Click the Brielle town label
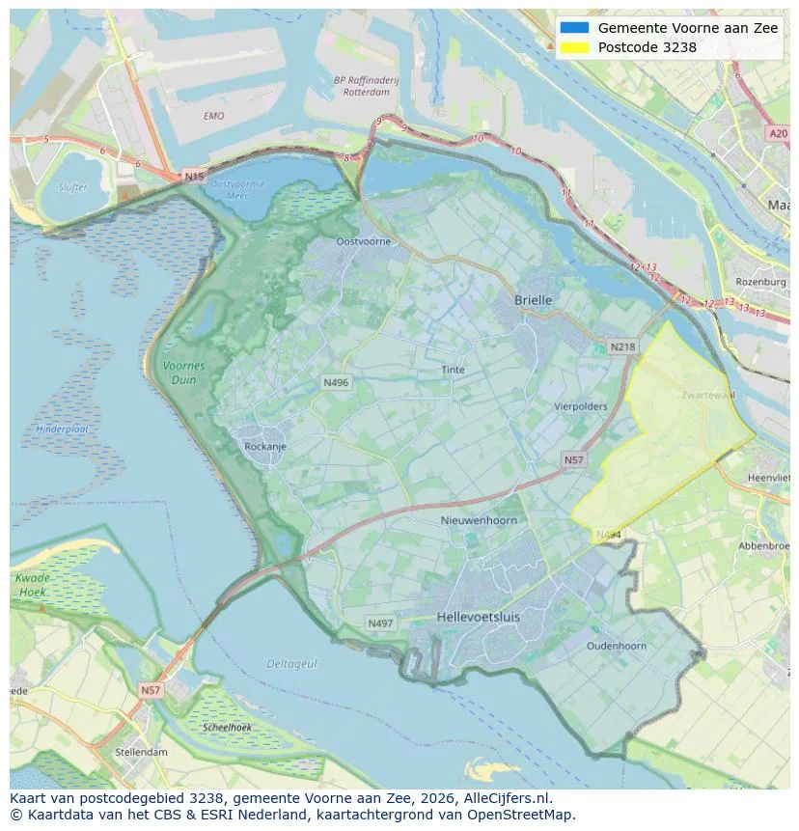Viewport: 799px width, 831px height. [x=533, y=300]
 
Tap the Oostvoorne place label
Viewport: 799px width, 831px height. [x=363, y=241]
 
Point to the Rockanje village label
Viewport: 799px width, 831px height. [x=264, y=447]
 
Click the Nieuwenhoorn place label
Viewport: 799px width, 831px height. [x=479, y=520]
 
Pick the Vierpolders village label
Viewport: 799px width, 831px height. [x=580, y=406]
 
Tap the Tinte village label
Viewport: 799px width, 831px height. [x=453, y=370]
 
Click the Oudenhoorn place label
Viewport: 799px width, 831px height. [x=617, y=646]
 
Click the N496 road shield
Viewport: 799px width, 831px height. [x=335, y=383]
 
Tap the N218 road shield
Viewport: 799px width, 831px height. [x=622, y=346]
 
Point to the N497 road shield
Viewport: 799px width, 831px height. [x=380, y=623]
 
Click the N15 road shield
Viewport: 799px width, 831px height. [x=194, y=177]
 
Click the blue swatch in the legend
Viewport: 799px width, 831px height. [x=573, y=28]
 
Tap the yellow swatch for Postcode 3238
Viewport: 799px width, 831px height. [x=573, y=47]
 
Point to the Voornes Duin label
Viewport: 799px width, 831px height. [x=183, y=373]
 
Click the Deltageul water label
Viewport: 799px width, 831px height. [x=290, y=664]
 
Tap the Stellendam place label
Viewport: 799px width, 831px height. [x=141, y=752]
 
